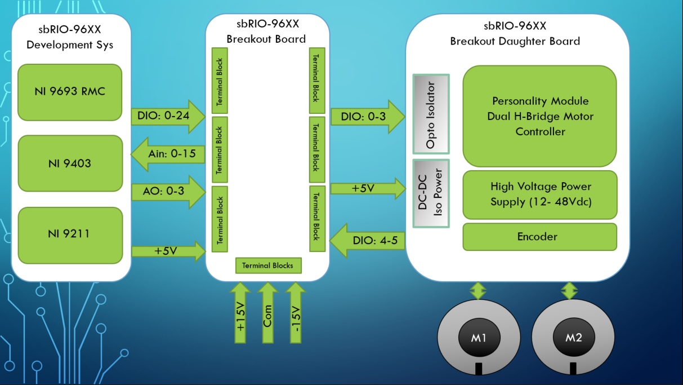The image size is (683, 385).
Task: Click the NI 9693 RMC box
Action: point(70,92)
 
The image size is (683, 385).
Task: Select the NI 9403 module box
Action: point(70,163)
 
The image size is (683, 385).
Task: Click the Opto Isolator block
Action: point(431,114)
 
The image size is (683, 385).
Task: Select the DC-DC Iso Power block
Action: point(431,193)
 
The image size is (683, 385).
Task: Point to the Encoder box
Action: point(539,237)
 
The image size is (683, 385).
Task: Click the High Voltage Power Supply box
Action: point(539,194)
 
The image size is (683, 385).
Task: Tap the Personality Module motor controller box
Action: point(539,116)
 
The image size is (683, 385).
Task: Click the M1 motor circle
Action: point(479,338)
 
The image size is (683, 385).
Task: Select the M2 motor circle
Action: point(573,338)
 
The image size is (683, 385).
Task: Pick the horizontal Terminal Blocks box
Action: point(267,265)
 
